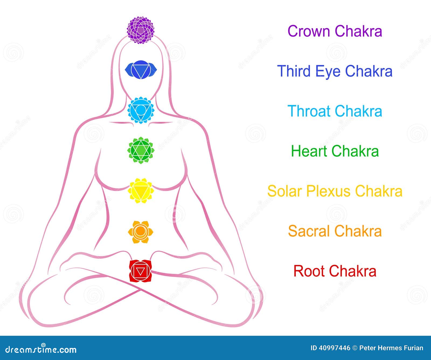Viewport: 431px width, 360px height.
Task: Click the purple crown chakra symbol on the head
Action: tap(141, 30)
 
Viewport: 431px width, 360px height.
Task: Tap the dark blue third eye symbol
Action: tap(141, 69)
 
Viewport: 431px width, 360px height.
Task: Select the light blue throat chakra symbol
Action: tap(141, 110)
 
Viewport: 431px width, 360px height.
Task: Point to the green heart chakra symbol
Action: tap(141, 151)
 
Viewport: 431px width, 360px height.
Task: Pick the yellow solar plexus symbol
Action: tap(141, 191)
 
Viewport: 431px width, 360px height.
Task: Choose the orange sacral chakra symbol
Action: tap(141, 231)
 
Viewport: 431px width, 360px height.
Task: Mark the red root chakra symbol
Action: tap(140, 271)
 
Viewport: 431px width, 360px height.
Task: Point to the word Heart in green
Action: tap(309, 151)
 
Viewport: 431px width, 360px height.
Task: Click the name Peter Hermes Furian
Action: tap(391, 348)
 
